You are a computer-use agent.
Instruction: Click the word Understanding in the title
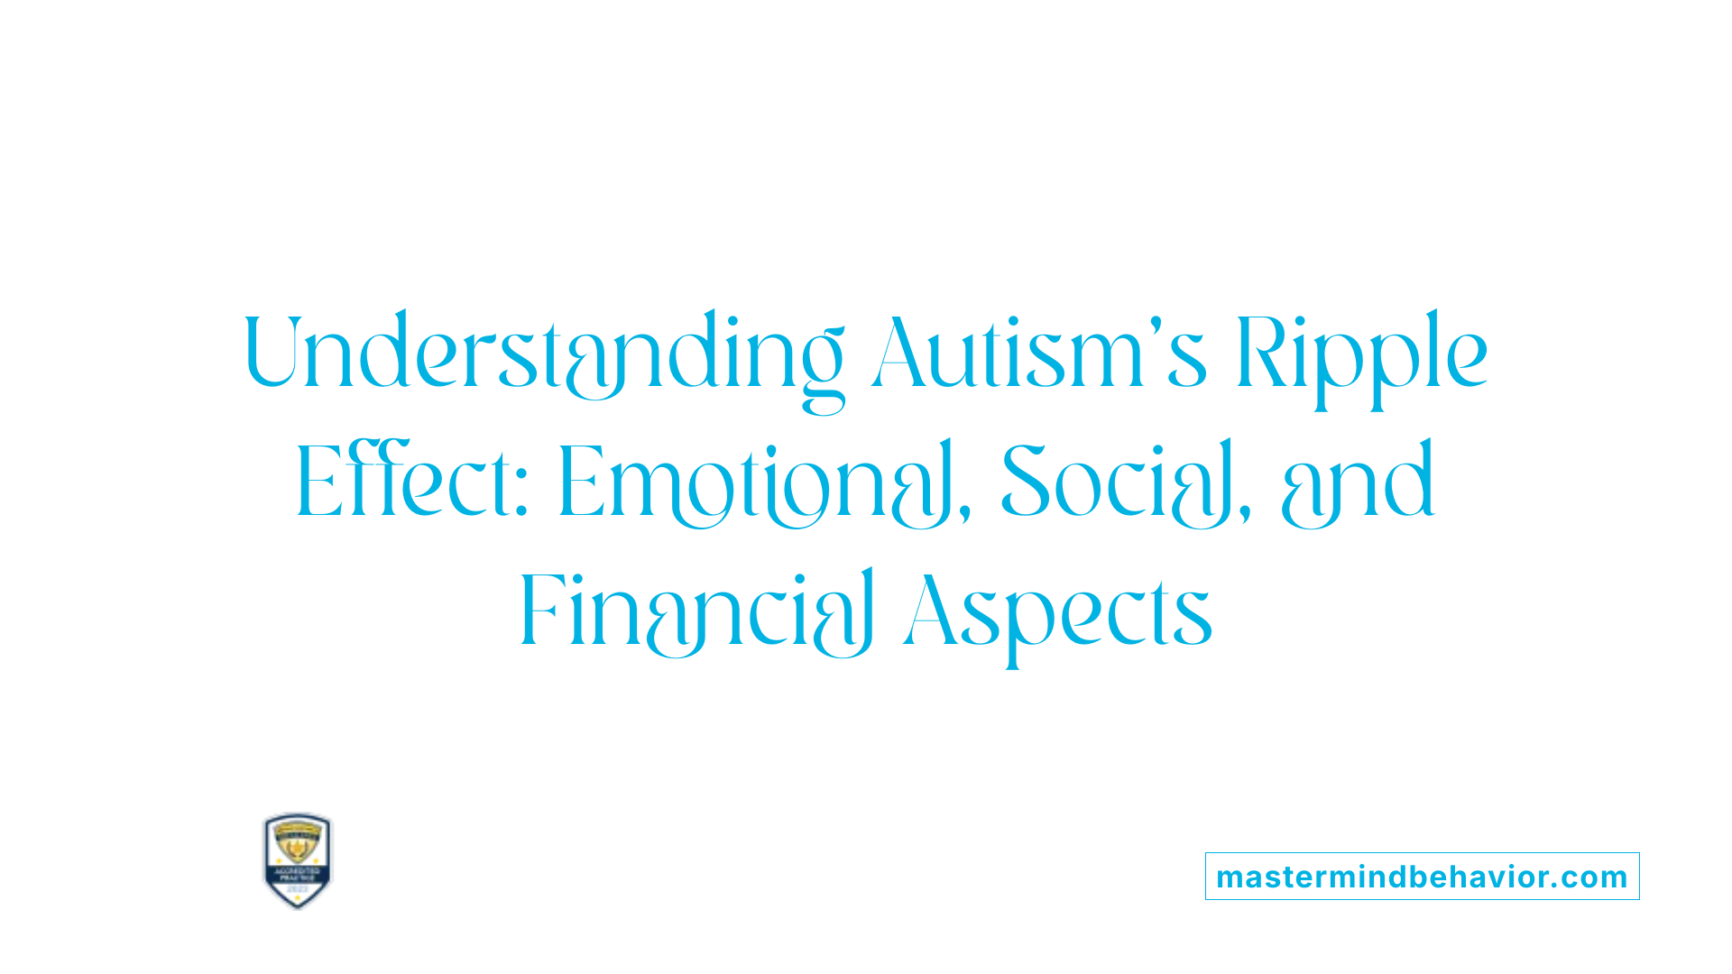pyautogui.click(x=544, y=354)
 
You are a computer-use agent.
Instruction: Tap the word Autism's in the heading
pyautogui.click(x=1038, y=354)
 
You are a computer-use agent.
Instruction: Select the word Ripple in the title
pyautogui.click(x=1361, y=354)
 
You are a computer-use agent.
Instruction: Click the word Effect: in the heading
pyautogui.click(x=411, y=482)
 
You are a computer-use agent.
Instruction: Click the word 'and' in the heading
pyautogui.click(x=1359, y=482)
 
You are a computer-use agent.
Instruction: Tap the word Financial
pyautogui.click(x=696, y=611)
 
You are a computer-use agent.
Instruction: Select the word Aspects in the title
pyautogui.click(x=1058, y=611)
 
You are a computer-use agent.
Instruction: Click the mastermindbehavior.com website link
pyautogui.click(x=1422, y=877)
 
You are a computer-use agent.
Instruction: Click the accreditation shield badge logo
pyautogui.click(x=297, y=860)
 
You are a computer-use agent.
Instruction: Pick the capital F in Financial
pyautogui.click(x=539, y=611)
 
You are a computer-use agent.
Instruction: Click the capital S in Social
pyautogui.click(x=1026, y=482)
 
